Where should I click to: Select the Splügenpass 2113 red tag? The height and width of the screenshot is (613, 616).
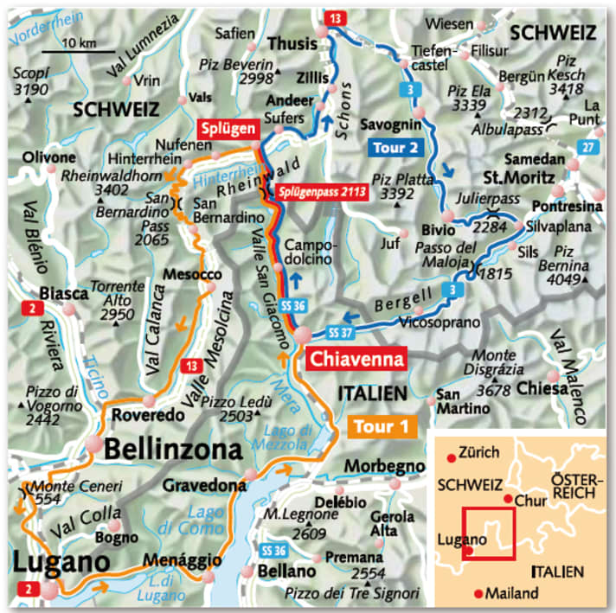coord(321,194)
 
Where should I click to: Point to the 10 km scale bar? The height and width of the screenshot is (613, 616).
coord(79,54)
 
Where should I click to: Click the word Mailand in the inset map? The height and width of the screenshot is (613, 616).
coord(514,593)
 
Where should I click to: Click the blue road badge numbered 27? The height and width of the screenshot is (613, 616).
coord(589,148)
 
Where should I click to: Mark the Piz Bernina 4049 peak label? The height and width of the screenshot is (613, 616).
coord(567,266)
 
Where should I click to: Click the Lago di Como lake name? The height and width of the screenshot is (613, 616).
coord(192,517)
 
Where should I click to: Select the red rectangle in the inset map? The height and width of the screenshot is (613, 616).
coord(489,533)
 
